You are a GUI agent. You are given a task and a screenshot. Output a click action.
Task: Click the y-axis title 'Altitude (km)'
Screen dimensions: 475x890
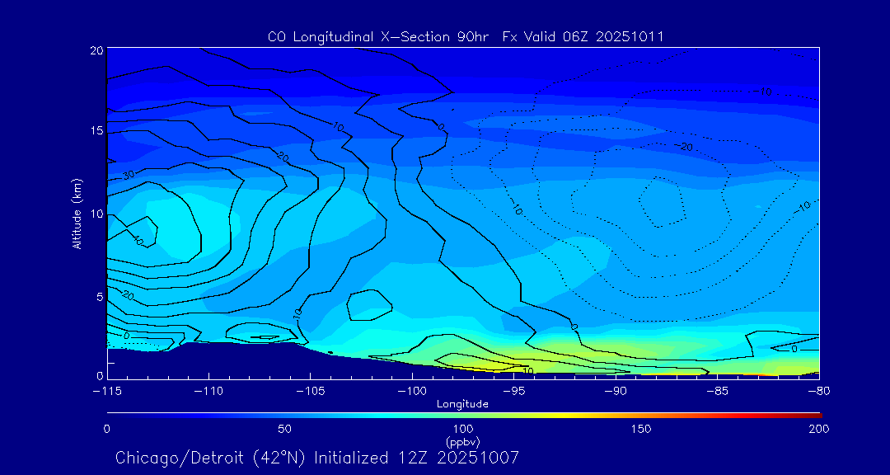(x=77, y=213)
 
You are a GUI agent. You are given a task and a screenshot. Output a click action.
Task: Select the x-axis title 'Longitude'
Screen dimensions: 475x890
(x=462, y=404)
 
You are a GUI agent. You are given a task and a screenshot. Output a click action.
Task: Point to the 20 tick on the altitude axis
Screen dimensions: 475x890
(x=96, y=50)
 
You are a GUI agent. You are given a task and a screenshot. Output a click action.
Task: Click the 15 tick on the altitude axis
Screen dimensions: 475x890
(x=96, y=131)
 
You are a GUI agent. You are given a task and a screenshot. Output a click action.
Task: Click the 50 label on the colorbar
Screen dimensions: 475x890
(x=284, y=429)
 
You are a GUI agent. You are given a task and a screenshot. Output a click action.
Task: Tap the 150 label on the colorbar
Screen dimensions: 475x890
(x=640, y=429)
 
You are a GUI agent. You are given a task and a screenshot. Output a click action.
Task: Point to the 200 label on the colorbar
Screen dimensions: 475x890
(x=818, y=429)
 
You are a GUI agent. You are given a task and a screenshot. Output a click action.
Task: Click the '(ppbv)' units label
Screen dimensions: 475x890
(x=462, y=441)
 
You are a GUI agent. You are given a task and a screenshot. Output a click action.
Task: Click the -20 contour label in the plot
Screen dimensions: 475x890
(x=683, y=147)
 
